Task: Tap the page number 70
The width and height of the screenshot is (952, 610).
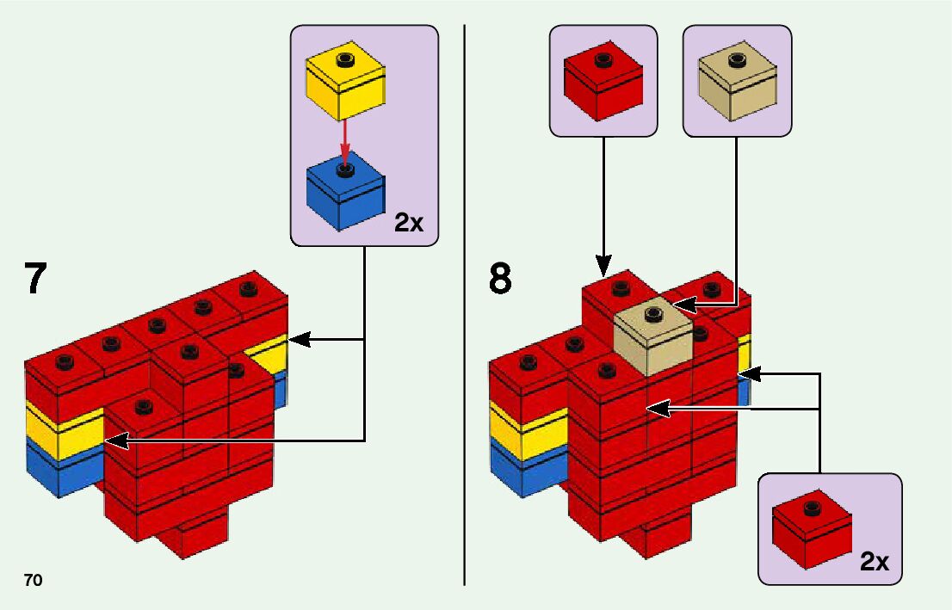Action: click(x=34, y=581)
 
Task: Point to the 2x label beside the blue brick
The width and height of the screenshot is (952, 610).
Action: click(x=409, y=223)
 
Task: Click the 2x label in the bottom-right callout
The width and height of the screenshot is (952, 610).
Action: click(x=875, y=562)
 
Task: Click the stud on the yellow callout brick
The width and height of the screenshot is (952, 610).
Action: click(x=345, y=59)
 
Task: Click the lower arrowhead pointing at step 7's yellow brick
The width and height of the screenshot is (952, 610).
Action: click(x=113, y=441)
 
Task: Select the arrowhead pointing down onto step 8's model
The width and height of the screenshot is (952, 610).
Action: click(x=603, y=265)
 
